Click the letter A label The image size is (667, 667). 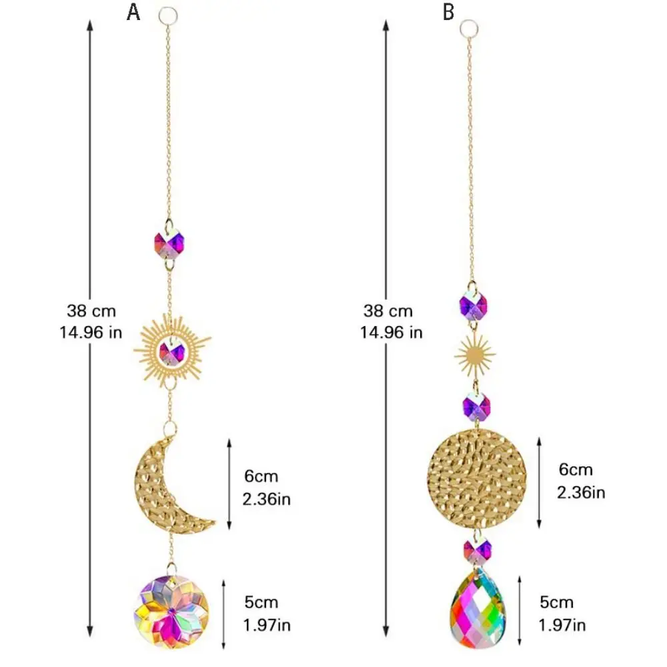point(133,12)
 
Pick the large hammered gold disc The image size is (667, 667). point(477,476)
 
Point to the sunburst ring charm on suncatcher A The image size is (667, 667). point(173,350)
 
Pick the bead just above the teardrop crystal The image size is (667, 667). point(477,552)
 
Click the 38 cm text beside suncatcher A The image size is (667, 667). point(91,310)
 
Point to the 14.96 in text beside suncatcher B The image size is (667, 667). point(392,332)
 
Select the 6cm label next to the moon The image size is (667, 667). point(261,476)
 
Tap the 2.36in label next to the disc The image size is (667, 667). point(581,493)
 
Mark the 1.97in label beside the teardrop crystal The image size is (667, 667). point(562,625)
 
